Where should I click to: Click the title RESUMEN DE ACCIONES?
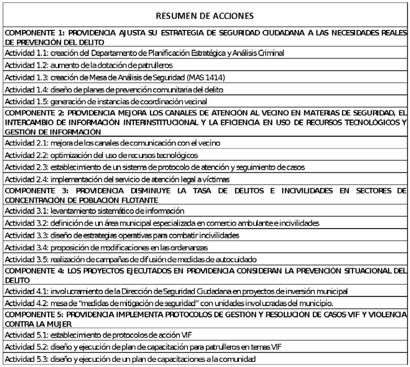(x=205, y=15)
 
